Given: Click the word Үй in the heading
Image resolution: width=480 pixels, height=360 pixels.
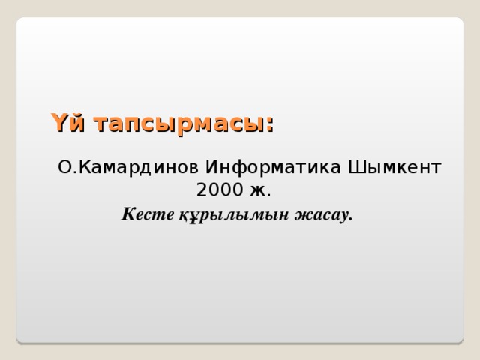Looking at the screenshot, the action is [67, 122].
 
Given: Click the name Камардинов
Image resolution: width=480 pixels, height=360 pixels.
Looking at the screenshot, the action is [139, 168].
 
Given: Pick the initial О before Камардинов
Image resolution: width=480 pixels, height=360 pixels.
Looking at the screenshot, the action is [64, 167].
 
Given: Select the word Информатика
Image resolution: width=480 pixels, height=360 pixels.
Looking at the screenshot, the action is [273, 168].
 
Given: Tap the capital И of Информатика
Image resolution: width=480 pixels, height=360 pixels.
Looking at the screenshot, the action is [211, 167].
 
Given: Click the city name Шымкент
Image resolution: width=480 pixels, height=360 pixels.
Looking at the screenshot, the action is [394, 167].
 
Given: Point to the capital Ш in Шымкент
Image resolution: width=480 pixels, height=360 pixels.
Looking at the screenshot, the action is [356, 167].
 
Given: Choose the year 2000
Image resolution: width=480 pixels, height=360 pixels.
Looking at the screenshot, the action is [220, 190].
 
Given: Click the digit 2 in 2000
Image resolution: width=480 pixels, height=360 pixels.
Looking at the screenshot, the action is [202, 190].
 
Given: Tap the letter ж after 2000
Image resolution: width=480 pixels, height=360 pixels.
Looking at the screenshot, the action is [258, 191].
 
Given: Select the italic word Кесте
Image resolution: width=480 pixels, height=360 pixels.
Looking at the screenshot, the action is [148, 214].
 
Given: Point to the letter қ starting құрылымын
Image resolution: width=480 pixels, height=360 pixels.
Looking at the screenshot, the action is [183, 216].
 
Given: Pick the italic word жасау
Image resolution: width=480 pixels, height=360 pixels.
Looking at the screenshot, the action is [321, 215].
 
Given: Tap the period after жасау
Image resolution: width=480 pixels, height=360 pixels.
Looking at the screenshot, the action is [350, 219].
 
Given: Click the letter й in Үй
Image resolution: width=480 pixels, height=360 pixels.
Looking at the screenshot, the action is [76, 123].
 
